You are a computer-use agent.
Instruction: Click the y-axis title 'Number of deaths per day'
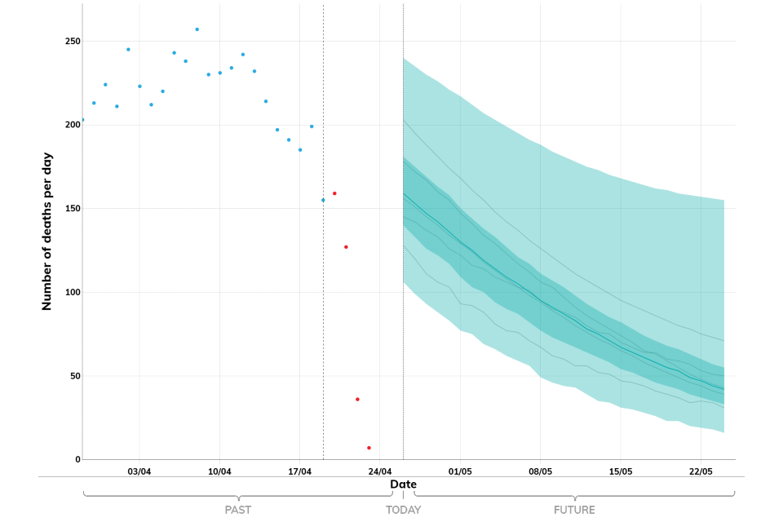click(x=47, y=232)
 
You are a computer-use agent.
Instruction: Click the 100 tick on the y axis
click(x=71, y=292)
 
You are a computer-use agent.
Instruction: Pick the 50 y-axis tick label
click(x=73, y=376)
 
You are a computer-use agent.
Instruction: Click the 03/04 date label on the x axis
click(x=139, y=471)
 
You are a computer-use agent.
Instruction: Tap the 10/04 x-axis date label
click(x=219, y=471)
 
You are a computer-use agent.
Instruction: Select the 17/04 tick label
click(x=300, y=471)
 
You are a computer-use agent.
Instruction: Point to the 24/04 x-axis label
click(x=380, y=471)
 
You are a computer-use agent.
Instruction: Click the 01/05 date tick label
click(x=461, y=471)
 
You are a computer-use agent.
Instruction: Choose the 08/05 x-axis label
click(x=541, y=471)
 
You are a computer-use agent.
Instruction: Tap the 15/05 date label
click(x=621, y=471)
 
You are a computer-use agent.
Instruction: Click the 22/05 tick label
click(x=701, y=471)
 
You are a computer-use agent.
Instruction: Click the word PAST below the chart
click(x=238, y=511)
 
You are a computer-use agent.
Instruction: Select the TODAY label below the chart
click(x=403, y=511)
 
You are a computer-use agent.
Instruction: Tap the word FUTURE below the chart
click(x=574, y=511)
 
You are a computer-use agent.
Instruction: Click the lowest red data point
click(x=369, y=448)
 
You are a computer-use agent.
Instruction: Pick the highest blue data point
click(x=197, y=29)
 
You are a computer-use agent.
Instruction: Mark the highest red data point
click(x=334, y=193)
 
